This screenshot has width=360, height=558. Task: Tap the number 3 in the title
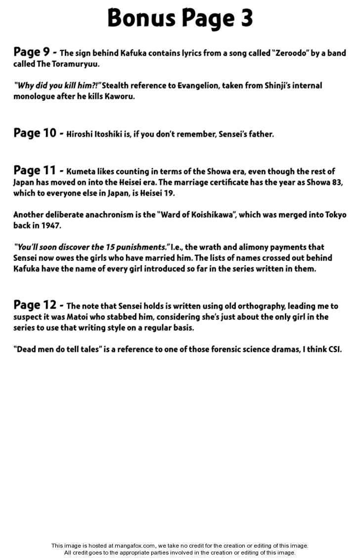pyautogui.click(x=246, y=18)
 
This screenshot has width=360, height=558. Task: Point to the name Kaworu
pyautogui.click(x=118, y=96)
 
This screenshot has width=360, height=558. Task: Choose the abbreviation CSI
pyautogui.click(x=333, y=349)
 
